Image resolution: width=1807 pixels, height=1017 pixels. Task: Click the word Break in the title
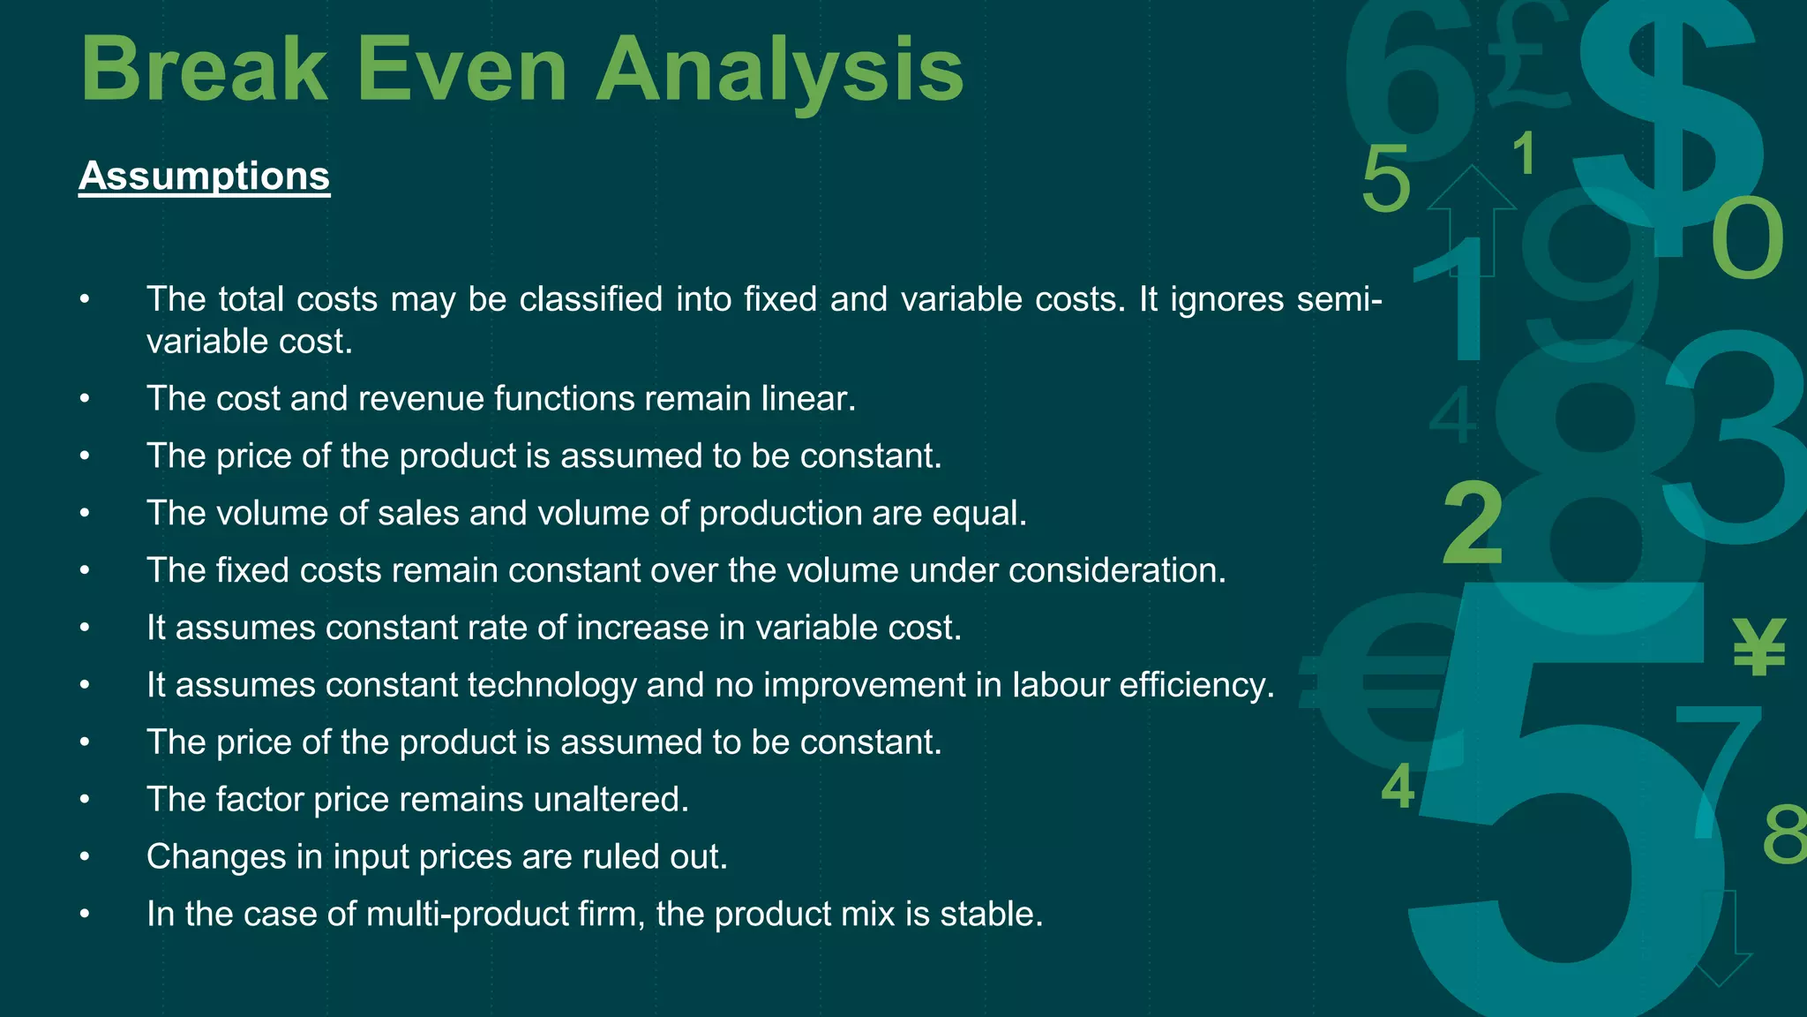tap(204, 70)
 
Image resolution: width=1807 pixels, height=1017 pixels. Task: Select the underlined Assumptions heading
tap(204, 176)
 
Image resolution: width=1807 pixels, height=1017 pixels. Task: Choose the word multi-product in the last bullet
tap(467, 915)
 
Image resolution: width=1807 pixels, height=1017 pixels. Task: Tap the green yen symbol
tap(1759, 646)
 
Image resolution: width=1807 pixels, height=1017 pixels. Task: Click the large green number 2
tap(1473, 524)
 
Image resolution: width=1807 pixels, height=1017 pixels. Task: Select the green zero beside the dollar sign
tap(1747, 238)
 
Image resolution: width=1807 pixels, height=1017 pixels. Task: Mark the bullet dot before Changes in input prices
tap(85, 857)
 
